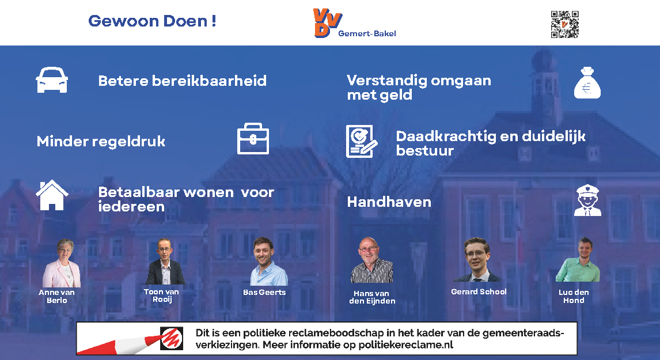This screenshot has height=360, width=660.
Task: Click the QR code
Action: tap(565, 24)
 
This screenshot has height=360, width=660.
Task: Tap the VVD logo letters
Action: tap(327, 22)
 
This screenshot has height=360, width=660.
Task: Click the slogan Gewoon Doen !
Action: tap(152, 21)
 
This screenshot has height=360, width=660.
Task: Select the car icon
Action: tap(52, 79)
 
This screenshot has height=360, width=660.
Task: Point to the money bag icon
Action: tap(587, 82)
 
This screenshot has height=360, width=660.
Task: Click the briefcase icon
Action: tap(253, 138)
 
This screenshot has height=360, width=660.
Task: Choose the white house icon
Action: tap(52, 195)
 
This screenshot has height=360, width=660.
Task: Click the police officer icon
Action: tap(587, 200)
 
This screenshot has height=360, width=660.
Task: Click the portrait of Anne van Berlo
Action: tap(62, 263)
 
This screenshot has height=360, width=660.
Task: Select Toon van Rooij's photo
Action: tap(165, 262)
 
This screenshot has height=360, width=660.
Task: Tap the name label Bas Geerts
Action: tap(264, 292)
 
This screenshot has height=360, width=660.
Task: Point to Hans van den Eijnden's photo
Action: tap(371, 260)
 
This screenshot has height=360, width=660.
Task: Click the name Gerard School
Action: tap(479, 291)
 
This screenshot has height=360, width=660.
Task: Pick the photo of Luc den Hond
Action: tap(578, 260)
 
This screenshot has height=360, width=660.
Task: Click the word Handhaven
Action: tap(389, 202)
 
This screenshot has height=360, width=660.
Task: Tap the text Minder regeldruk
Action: tap(101, 142)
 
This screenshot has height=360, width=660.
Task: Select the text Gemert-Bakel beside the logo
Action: tap(367, 33)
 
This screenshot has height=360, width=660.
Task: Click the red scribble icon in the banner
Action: tap(171, 338)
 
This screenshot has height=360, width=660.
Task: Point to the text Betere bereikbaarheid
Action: tap(182, 81)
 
